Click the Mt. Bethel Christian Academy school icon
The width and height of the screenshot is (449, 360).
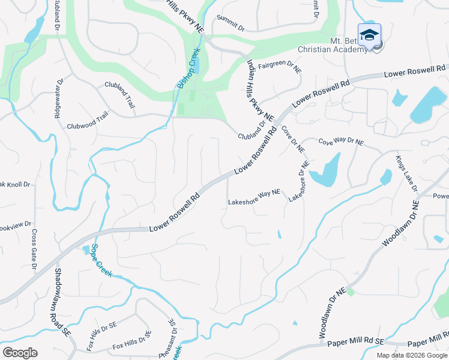(369, 34)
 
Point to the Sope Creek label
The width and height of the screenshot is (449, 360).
(103, 259)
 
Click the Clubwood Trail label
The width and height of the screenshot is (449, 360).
(87, 126)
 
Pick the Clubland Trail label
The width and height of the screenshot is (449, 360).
(120, 94)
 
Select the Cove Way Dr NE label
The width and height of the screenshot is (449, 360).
(341, 142)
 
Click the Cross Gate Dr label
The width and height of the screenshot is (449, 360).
(35, 249)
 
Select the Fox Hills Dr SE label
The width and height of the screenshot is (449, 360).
(128, 344)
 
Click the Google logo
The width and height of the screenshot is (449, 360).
(20, 353)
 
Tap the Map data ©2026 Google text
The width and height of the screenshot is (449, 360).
(411, 355)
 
